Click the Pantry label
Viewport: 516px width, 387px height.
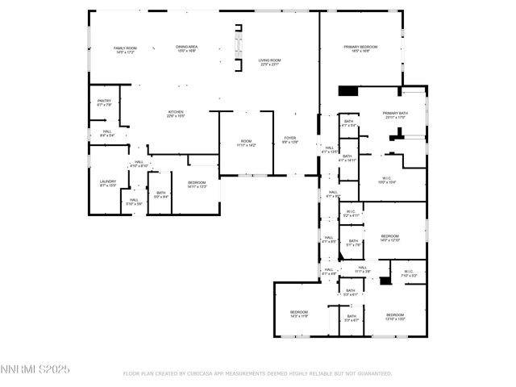(x=104, y=102)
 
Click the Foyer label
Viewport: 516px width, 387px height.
(x=290, y=141)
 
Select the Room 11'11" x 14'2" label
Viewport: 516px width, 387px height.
(x=246, y=144)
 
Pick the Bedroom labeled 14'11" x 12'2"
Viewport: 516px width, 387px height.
(x=197, y=185)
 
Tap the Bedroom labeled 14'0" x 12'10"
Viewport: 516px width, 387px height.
(x=389, y=238)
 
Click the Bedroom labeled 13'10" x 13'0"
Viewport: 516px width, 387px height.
(x=394, y=316)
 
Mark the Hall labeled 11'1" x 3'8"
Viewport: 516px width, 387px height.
(x=362, y=269)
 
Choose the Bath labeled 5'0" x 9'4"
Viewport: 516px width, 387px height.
(x=160, y=193)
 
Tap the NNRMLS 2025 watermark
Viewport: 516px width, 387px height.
(x=35, y=368)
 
